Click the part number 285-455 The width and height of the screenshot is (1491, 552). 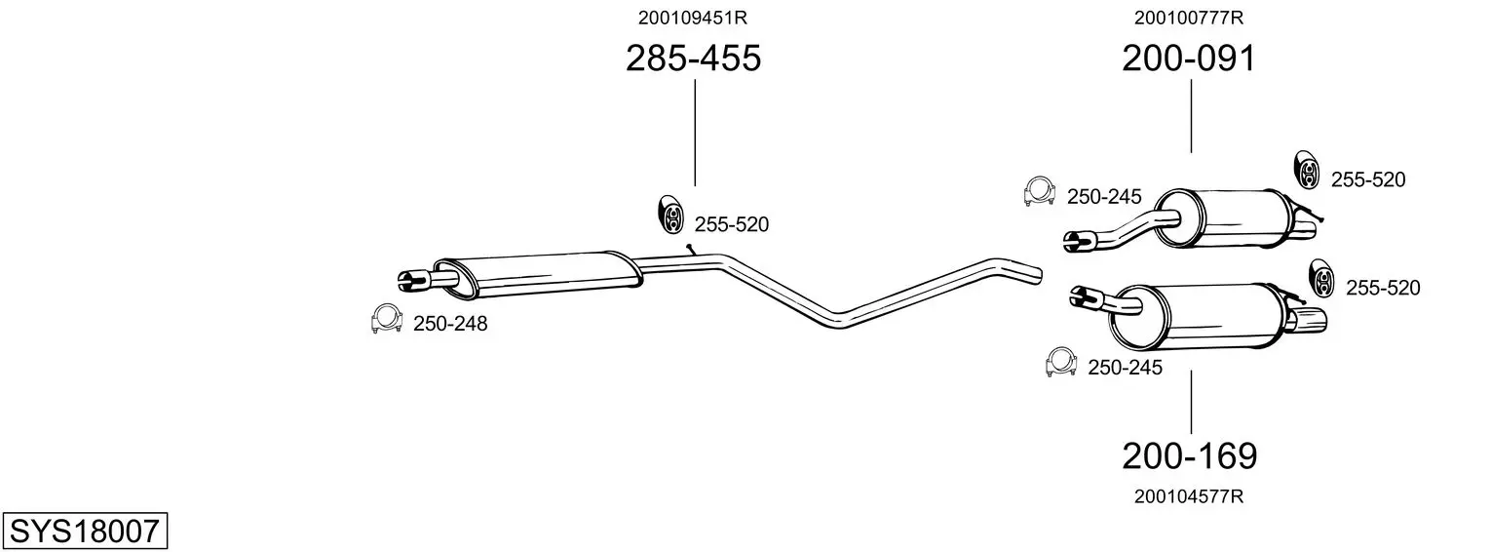pyautogui.click(x=693, y=59)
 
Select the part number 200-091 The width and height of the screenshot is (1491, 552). pyautogui.click(x=1189, y=59)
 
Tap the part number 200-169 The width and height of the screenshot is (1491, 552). pyautogui.click(x=1190, y=456)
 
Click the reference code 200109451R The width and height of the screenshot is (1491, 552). pyautogui.click(x=693, y=18)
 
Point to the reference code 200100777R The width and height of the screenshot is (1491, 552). pyautogui.click(x=1189, y=18)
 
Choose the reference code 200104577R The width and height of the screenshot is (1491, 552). pyautogui.click(x=1189, y=496)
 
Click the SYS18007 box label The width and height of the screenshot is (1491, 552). pyautogui.click(x=85, y=532)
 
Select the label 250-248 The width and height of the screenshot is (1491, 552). pyautogui.click(x=450, y=324)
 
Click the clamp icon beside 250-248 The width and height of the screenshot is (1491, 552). pyautogui.click(x=386, y=318)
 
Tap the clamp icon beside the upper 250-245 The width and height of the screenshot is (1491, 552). pyautogui.click(x=1039, y=191)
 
